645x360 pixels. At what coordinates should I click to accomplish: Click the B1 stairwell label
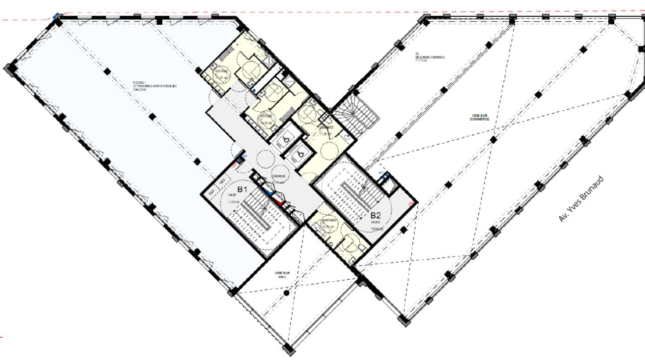242,190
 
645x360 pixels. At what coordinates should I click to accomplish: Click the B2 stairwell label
376,215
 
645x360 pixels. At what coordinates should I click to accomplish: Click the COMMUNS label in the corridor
279,176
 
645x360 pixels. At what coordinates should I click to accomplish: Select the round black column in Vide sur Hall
286,292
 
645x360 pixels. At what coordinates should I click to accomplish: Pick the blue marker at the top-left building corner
55,16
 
